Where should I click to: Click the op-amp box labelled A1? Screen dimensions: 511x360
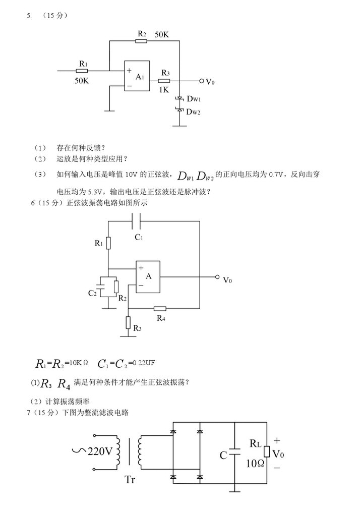(137, 77)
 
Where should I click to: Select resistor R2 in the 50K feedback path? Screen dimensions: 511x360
(141, 41)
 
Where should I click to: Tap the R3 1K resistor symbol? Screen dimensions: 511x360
(164, 81)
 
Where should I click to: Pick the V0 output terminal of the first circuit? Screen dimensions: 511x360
(202, 81)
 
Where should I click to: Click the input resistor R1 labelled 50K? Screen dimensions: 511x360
(82, 71)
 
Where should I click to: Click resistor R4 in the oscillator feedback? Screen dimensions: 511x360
(160, 308)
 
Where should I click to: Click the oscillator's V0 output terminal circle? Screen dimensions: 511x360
(217, 277)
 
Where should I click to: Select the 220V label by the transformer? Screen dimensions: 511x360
(100, 451)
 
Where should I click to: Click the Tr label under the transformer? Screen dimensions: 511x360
(131, 479)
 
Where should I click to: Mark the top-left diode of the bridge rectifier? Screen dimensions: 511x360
(173, 432)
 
